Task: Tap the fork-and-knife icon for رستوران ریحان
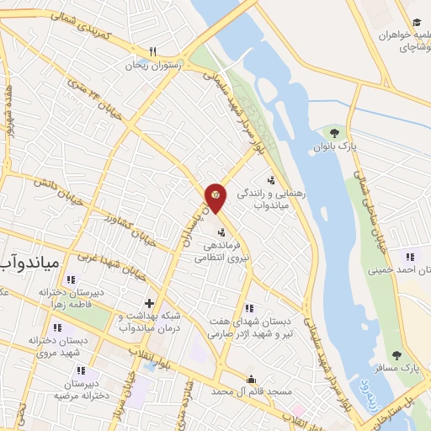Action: [x=153, y=51]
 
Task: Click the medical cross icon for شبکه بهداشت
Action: [x=149, y=303]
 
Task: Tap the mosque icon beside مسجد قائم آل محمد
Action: [x=251, y=380]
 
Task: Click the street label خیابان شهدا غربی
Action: [x=109, y=264]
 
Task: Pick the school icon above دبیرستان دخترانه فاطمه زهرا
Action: [x=71, y=279]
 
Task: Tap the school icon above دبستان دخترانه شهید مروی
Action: [x=56, y=327]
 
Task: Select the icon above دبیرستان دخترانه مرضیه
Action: [x=80, y=370]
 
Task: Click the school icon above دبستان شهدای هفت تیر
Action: [x=248, y=307]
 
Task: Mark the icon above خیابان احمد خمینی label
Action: [x=410, y=257]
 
